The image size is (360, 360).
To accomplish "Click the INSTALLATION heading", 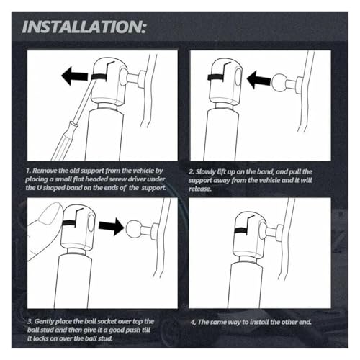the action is tap(84, 27).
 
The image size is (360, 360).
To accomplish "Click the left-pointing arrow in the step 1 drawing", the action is tap(77, 76).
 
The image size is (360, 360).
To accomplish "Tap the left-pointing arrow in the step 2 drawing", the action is tap(258, 79).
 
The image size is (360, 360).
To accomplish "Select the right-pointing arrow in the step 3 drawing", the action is tap(111, 227).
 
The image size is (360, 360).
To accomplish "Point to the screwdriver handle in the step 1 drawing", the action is tap(62, 142).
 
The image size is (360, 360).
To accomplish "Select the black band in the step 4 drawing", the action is tap(240, 231).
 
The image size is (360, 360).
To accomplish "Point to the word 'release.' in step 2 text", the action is tap(200, 189).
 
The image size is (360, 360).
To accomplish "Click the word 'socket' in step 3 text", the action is tap(105, 321).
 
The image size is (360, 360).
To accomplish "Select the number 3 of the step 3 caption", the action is tap(30, 322).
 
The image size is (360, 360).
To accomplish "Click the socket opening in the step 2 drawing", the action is tap(238, 77).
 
